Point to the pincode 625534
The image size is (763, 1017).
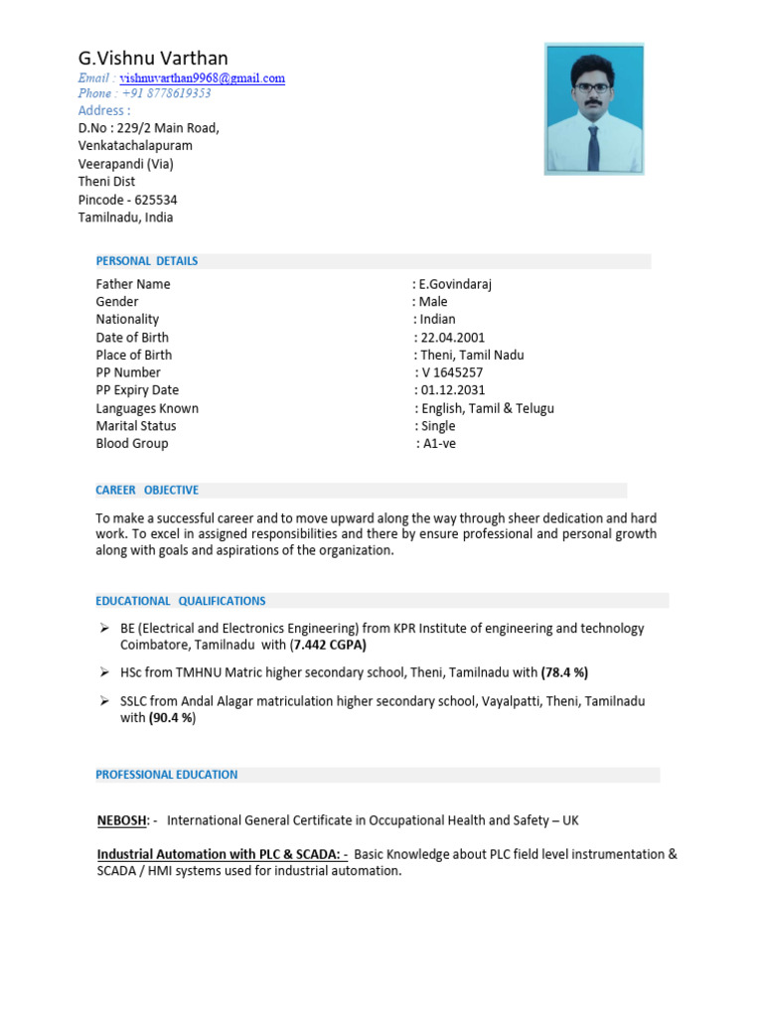coord(156,200)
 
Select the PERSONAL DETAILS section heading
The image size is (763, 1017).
coord(146,261)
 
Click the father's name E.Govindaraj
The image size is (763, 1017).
coord(457,284)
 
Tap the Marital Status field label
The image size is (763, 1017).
coord(136,426)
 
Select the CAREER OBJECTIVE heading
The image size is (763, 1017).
coord(147,491)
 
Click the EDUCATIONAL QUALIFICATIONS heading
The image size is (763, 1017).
coord(181,601)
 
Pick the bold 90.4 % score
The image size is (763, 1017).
coord(173,718)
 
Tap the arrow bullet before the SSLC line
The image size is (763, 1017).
coord(103,700)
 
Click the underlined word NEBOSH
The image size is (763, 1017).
coord(122,820)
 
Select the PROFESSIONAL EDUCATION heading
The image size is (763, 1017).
coord(167,775)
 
